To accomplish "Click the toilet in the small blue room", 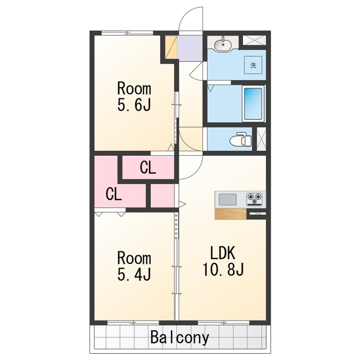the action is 241,139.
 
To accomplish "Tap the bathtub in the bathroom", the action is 253,103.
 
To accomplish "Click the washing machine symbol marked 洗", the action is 253,65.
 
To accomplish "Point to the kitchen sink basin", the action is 227,199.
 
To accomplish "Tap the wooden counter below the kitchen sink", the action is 230,214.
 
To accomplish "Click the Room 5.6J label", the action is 134,97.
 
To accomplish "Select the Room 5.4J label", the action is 134,266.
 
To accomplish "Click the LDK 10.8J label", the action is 223,261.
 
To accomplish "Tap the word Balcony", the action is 179,337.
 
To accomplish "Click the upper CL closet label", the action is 148,168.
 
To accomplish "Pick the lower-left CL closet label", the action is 114,194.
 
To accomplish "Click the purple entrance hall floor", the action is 190,48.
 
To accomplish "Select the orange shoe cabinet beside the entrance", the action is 171,47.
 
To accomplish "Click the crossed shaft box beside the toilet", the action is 261,139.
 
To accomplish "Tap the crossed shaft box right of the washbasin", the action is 254,40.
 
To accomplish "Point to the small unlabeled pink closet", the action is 162,196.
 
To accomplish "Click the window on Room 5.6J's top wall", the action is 128,33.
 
